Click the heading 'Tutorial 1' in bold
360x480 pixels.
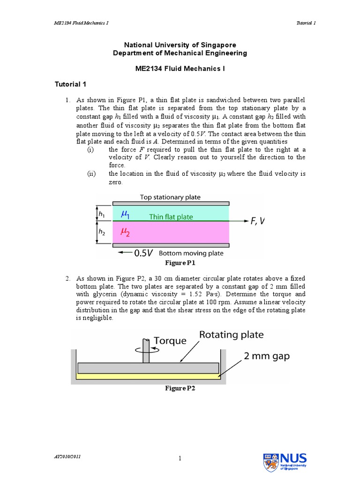[x=70, y=84]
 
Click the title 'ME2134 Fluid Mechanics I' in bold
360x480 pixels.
[x=180, y=68]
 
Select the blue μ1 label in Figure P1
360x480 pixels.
[x=126, y=214]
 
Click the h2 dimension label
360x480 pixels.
[x=102, y=232]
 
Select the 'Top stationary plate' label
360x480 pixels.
[x=170, y=197]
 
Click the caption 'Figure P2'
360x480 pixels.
[x=180, y=388]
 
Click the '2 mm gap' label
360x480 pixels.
[x=267, y=356]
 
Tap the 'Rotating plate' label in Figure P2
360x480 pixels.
[x=232, y=335]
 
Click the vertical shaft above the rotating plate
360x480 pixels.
[x=146, y=354]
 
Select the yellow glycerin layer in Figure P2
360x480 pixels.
[x=148, y=376]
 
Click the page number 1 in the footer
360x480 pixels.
[x=180, y=459]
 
